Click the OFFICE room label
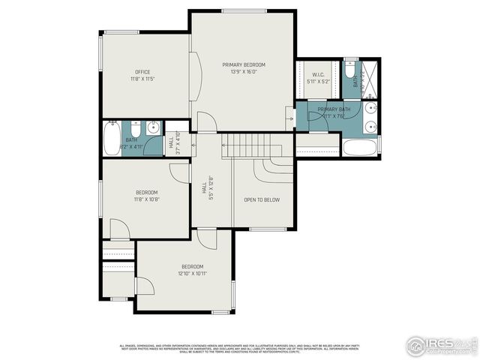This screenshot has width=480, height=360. pyautogui.click(x=142, y=72)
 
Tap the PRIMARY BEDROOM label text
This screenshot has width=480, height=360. pyautogui.click(x=244, y=65)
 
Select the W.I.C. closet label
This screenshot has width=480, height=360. pyautogui.click(x=317, y=73)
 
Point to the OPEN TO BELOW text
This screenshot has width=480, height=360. pyautogui.click(x=262, y=199)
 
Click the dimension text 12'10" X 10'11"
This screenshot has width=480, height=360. pyautogui.click(x=193, y=274)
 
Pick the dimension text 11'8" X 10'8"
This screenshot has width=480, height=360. pyautogui.click(x=147, y=199)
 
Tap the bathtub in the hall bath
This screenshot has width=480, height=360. pyautogui.click(x=112, y=138)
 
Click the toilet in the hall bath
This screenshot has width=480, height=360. pyautogui.click(x=134, y=126)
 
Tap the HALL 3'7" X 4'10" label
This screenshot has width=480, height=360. pyautogui.click(x=172, y=140)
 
